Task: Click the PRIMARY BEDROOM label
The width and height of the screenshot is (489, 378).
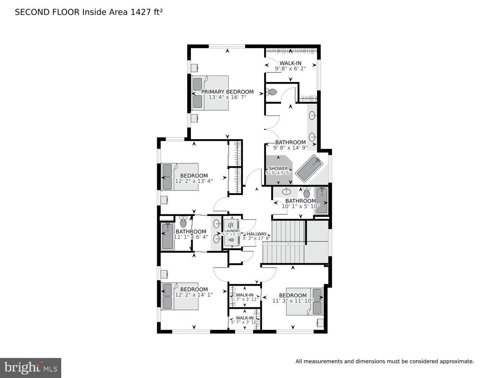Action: coord(227,92)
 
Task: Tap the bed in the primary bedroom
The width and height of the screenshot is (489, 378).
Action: coord(210,93)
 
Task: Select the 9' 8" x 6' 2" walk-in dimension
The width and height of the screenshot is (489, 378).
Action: coord(290,68)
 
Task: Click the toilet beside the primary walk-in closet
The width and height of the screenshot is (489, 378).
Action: coord(272,92)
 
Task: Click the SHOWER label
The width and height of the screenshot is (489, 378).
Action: coord(278,169)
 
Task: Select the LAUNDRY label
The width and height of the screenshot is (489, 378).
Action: coord(232,231)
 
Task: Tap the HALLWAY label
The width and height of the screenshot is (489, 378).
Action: coord(257,234)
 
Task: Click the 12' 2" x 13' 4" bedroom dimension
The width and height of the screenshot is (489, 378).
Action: coord(194,181)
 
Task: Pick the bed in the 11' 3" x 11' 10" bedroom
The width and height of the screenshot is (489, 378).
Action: coord(304,301)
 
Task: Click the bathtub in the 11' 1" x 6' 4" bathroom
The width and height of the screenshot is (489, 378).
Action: coord(167,236)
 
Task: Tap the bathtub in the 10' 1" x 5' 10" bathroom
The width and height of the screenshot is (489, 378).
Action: coord(322,200)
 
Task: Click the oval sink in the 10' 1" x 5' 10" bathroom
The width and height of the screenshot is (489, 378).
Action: coord(287,191)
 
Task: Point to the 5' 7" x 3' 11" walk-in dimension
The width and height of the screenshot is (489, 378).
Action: coord(244,299)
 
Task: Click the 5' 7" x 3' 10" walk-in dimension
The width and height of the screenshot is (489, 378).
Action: coord(244,322)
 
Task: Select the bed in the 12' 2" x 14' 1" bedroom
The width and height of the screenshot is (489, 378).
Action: coord(180,296)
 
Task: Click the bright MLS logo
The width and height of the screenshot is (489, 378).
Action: coord(30,368)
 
